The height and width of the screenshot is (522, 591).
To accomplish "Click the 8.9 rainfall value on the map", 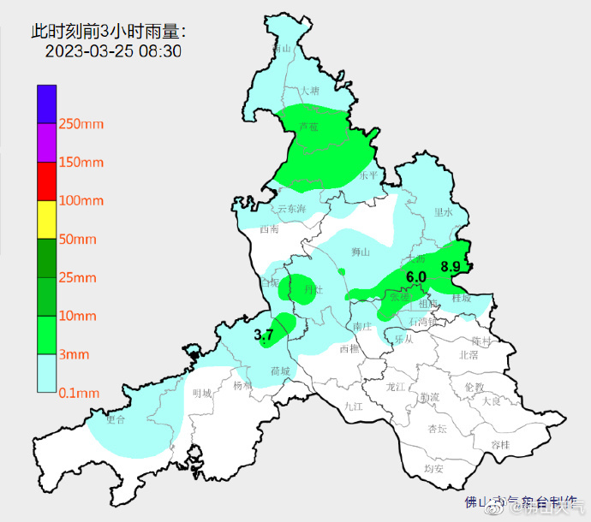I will point(451,267).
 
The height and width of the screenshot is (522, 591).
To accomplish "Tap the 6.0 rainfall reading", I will point(416,277).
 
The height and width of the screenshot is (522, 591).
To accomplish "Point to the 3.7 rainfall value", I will point(264,335).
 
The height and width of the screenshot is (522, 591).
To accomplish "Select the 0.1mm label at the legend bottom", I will point(79,393).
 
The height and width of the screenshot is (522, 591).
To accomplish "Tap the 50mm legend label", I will point(77,239).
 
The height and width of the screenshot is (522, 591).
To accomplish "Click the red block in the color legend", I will point(46,181).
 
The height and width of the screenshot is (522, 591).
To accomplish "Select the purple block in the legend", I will point(46,142).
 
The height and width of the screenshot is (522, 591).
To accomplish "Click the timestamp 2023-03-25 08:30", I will point(112,51).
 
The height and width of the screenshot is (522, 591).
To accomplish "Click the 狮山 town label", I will point(361,252).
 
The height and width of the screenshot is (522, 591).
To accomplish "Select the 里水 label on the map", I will point(443,211).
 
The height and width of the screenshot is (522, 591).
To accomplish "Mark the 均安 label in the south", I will point(433,468).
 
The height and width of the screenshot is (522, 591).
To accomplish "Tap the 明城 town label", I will point(201,393).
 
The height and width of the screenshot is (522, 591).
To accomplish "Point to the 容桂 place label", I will point(500,444).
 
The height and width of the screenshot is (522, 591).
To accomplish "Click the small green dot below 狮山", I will point(342,272).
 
